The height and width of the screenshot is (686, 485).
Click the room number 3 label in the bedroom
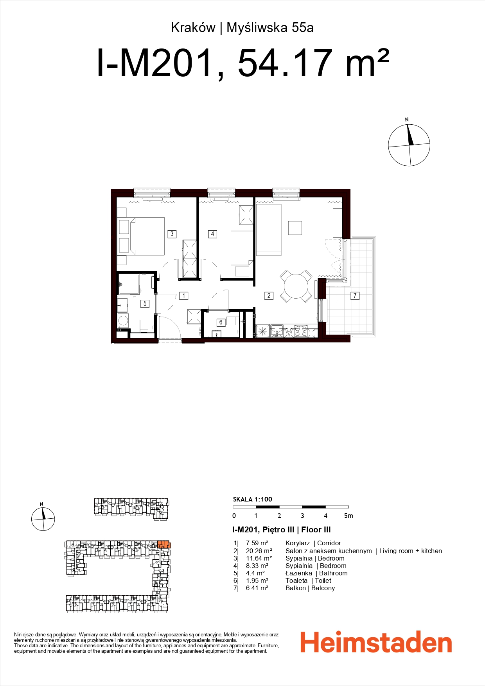pyautogui.click(x=172, y=234)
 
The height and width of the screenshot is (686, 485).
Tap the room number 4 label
pyautogui.click(x=212, y=234)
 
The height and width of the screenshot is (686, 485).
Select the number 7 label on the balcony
pyautogui.click(x=355, y=296)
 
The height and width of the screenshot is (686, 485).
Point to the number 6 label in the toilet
pyautogui.click(x=221, y=322)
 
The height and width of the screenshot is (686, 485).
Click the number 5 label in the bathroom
pyautogui.click(x=145, y=303)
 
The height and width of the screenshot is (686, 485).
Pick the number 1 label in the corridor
pyautogui.click(x=183, y=296)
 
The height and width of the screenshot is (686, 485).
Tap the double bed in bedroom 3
pyautogui.click(x=147, y=236)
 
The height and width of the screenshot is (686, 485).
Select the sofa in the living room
pyautogui.click(x=269, y=229)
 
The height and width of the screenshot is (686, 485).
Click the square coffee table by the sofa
pyautogui.click(x=295, y=227)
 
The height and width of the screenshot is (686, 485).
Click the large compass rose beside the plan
pyautogui.click(x=409, y=145)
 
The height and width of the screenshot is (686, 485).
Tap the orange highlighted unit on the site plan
pyautogui.click(x=164, y=544)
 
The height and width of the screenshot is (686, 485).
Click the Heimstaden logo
pyautogui.click(x=376, y=642)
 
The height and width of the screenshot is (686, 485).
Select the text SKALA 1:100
pyautogui.click(x=252, y=499)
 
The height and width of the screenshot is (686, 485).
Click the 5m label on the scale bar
pyautogui.click(x=348, y=516)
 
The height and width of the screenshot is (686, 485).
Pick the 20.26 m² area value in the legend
pyautogui.click(x=259, y=551)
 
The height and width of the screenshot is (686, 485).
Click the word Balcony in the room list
pyautogui.click(x=323, y=588)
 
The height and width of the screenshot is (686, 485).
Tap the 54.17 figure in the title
pyautogui.click(x=285, y=63)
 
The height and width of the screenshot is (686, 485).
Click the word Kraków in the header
pyautogui.click(x=193, y=28)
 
